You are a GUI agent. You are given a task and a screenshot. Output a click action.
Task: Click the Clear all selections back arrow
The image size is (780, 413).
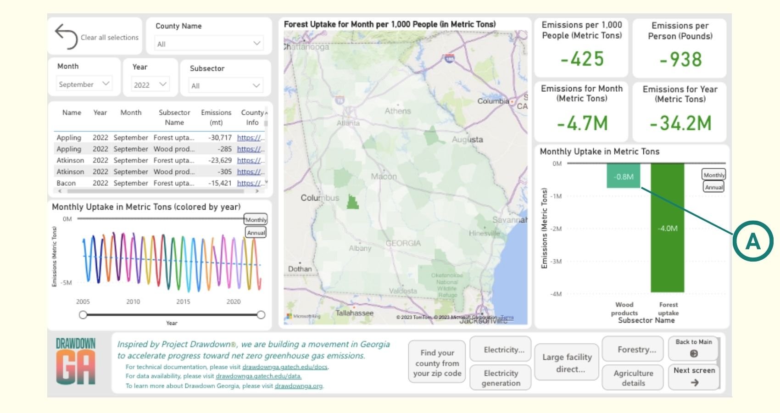[67, 36]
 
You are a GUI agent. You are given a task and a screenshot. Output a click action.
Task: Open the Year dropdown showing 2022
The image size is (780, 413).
[150, 85]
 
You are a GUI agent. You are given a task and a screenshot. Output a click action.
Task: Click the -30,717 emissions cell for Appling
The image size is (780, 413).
[220, 138]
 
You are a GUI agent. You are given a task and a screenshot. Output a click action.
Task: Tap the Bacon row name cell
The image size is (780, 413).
[66, 183]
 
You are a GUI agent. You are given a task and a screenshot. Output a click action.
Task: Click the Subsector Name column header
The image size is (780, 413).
[174, 117]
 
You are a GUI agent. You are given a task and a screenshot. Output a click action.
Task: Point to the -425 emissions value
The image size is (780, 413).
[582, 59]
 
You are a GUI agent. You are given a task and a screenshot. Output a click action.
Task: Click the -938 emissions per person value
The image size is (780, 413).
[680, 60]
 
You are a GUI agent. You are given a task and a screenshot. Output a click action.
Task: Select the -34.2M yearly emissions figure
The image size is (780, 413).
[680, 123]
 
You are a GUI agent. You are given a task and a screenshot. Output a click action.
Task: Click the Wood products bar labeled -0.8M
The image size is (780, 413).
[624, 176]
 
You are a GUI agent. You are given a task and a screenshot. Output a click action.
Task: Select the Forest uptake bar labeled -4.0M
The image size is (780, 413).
[667, 228]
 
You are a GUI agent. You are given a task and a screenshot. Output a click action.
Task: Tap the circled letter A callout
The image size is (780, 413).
[752, 241]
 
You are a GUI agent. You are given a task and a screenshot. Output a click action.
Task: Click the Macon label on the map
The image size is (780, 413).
[384, 176]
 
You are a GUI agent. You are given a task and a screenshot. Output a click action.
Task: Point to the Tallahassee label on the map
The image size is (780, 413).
[354, 313]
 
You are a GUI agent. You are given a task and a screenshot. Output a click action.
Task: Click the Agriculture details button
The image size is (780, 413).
[633, 378]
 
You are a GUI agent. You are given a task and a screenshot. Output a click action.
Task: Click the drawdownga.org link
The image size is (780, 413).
[298, 386]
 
